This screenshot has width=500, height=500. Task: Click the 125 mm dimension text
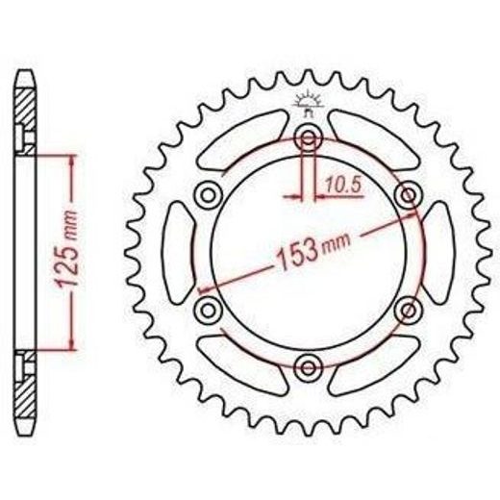click(66, 248)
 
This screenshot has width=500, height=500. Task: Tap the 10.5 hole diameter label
click(343, 186)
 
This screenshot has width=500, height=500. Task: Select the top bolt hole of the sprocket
click(309, 138)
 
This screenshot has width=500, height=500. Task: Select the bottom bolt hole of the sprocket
click(309, 368)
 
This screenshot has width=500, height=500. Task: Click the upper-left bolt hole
click(209, 195)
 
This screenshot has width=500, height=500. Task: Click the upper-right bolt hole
click(408, 194)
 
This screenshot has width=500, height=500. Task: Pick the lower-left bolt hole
click(209, 310)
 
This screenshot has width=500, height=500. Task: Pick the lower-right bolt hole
click(408, 310)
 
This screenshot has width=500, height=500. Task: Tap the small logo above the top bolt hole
click(308, 103)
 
